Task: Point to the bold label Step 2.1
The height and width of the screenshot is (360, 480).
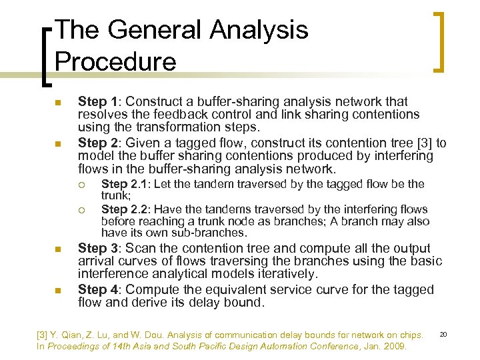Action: click(x=124, y=184)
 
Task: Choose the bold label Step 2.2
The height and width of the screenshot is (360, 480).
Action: click(x=124, y=209)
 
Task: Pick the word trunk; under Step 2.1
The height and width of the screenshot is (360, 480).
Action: click(x=115, y=195)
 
